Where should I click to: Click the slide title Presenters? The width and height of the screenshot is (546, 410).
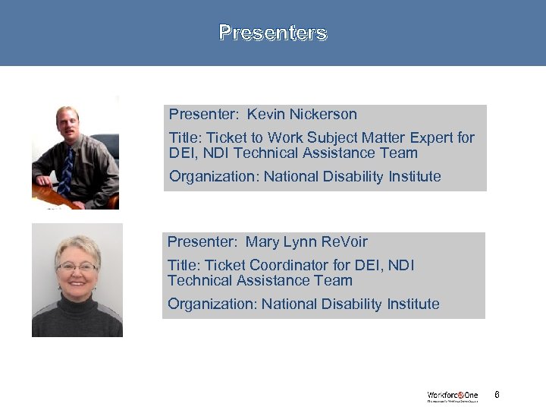[273, 33]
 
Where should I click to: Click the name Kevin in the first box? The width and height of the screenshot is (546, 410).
[266, 115]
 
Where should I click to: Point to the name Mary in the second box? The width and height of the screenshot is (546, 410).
[263, 242]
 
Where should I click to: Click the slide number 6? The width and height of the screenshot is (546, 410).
[497, 395]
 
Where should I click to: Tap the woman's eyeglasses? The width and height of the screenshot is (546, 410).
[77, 267]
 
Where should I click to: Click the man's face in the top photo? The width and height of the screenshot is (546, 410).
[67, 126]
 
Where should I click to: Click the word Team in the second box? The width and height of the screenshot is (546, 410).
[334, 281]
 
